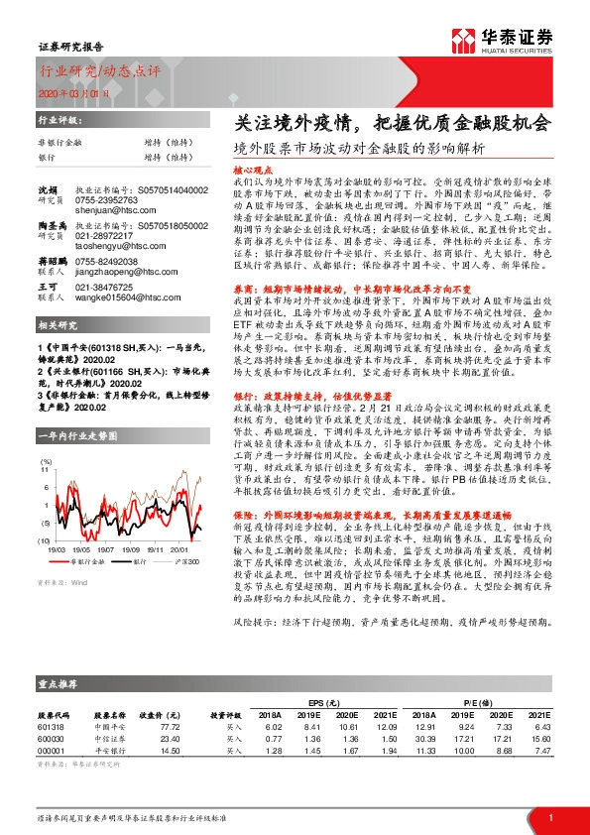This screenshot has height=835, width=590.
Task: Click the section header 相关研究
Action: pos(59,326)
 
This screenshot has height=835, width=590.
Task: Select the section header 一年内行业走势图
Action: pos(71,436)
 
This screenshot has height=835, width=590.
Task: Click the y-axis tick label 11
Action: pos(44,471)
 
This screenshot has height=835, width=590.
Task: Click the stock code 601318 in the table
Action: pos(51,727)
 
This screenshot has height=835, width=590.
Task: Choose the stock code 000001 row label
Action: pos(51,751)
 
